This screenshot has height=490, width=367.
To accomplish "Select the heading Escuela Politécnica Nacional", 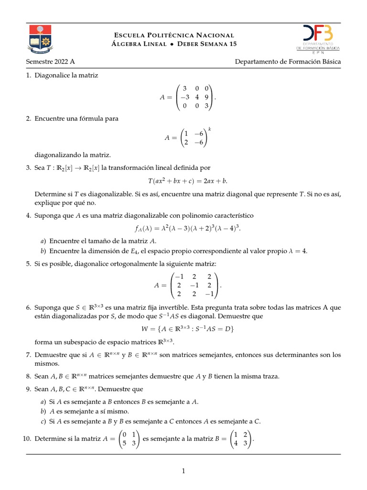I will click(x=174, y=35).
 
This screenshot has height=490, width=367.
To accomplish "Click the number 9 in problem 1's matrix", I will click(x=206, y=97).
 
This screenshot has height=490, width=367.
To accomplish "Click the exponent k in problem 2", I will click(x=209, y=129).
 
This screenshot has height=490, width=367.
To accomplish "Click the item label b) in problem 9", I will click(x=43, y=411).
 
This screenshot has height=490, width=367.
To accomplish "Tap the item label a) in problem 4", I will click(x=43, y=241).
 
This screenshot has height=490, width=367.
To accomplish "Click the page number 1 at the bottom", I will click(x=183, y=471).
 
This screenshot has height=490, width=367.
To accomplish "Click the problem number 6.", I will click(x=29, y=308).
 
